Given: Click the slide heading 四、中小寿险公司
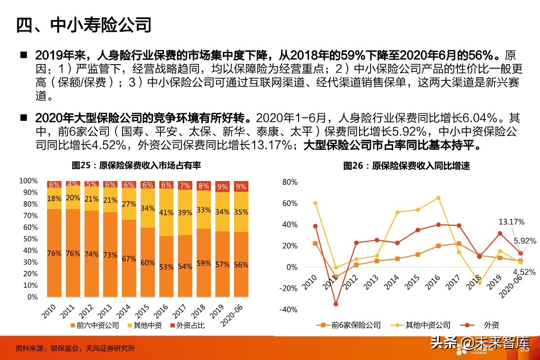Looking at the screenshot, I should pos(84,25).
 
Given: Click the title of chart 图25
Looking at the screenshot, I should pos(136,166).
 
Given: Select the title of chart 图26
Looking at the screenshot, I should pos(406,166).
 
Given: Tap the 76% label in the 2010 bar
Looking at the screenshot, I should pos(54,253).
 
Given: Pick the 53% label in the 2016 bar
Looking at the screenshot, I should pos(166,267).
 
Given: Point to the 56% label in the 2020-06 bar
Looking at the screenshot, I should pos(241,265).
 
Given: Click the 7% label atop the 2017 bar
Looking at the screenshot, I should pos(185,185).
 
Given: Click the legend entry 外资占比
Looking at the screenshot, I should pos(188,325).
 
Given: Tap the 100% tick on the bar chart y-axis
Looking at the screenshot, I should pos(28,181).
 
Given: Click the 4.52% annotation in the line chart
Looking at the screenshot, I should pos(524,272).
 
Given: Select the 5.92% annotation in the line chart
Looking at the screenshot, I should pos(524,239).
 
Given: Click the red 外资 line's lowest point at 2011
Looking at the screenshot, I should pos(336,304).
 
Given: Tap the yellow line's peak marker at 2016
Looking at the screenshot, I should pos(439,198).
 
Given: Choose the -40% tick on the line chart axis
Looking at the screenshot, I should pos(289,310).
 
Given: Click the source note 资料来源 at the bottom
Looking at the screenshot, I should pos(75,348).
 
